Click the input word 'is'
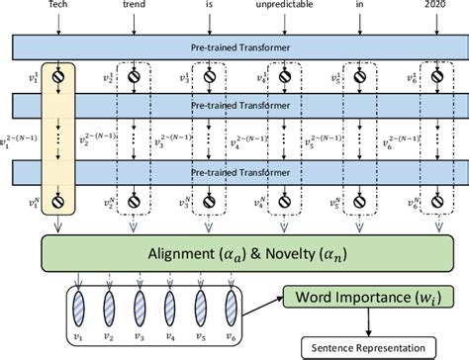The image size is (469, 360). tap(208, 8)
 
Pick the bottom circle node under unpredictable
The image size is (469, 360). tap(284, 205)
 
